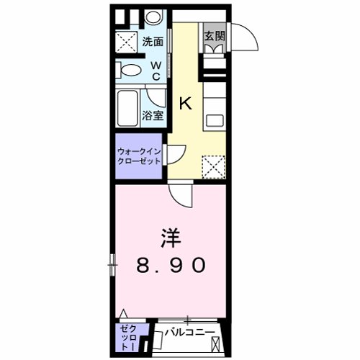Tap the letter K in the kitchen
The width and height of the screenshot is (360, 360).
tap(185, 103)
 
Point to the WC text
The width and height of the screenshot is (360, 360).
tap(156, 71)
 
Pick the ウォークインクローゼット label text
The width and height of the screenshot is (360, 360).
tap(139, 156)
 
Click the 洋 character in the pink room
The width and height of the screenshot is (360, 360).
tap(170, 238)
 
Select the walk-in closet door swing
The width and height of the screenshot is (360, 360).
tap(177, 156)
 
